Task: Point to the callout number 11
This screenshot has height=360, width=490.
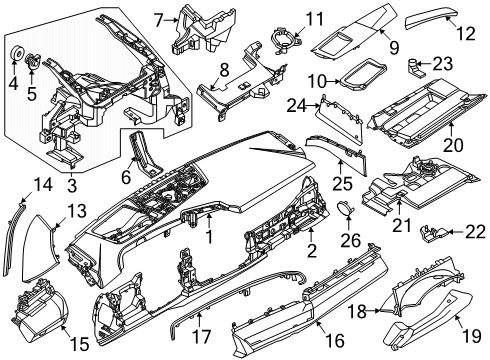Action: coord(287,18)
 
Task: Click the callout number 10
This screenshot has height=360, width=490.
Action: coord(315,80)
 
